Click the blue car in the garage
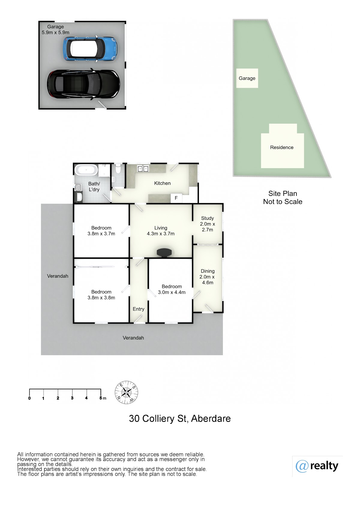click(x=90, y=49)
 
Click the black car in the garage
click(x=83, y=84)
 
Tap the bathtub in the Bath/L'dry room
click(x=86, y=170)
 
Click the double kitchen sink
click(x=143, y=169)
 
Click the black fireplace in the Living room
click(x=164, y=253)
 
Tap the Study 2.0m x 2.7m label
click(x=208, y=224)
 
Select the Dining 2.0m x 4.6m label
click(x=207, y=277)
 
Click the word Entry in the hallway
click(x=138, y=309)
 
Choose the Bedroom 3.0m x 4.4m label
click(x=172, y=289)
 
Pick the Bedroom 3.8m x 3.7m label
click(x=101, y=231)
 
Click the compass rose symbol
click(x=126, y=392)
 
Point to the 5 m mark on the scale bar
click(x=101, y=398)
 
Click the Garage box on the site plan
click(x=247, y=78)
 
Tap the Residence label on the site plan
click(x=282, y=147)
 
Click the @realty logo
click(x=317, y=466)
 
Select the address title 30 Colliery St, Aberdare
click(x=180, y=418)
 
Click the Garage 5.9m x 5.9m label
click(x=55, y=29)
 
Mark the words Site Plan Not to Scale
click(x=283, y=197)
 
